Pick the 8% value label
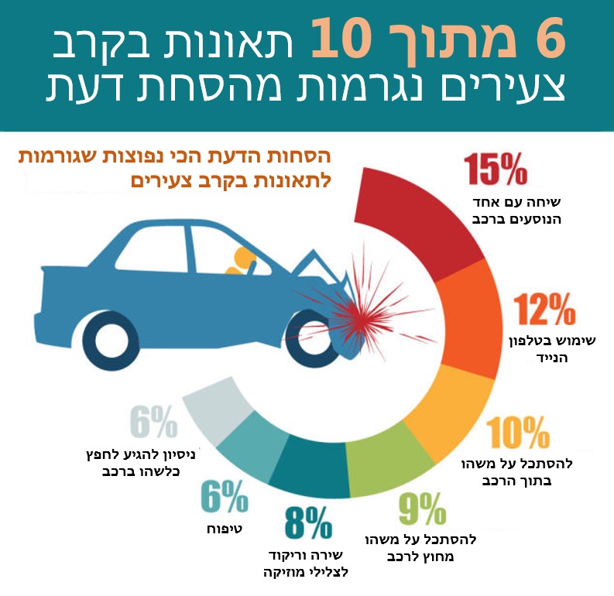pyautogui.click(x=307, y=525)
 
